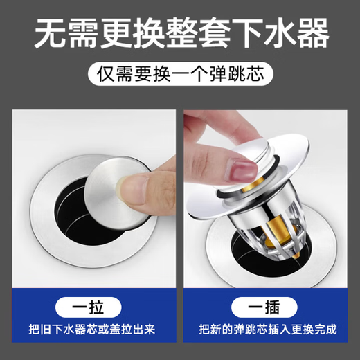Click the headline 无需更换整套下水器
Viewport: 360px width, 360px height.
click(x=180, y=33)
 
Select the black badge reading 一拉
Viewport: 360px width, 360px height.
click(x=90, y=306)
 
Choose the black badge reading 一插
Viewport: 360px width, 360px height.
click(x=269, y=306)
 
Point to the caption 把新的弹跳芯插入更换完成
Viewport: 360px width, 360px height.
click(x=269, y=329)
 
